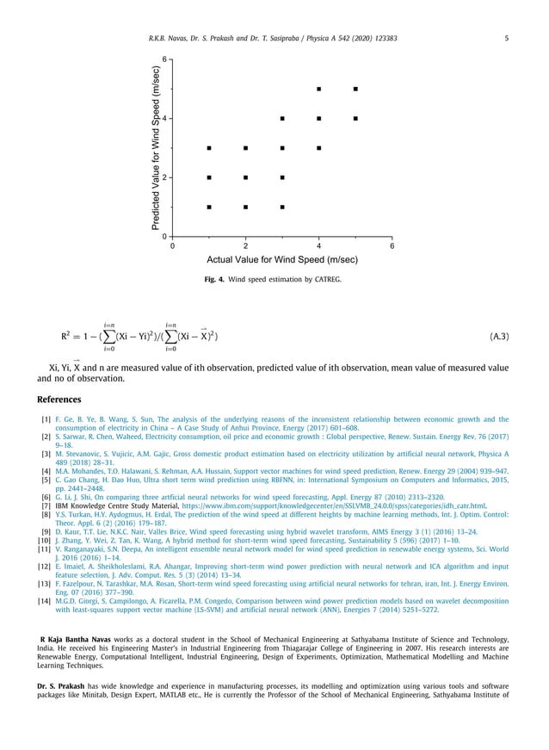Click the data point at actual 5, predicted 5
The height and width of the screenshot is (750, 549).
(x=355, y=89)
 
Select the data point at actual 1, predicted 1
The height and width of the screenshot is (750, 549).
(x=209, y=207)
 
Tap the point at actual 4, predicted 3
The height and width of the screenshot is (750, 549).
(x=319, y=148)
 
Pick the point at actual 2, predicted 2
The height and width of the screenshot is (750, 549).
(x=246, y=177)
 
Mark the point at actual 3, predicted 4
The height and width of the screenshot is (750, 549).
(x=282, y=118)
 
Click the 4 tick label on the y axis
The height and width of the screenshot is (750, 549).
(x=164, y=118)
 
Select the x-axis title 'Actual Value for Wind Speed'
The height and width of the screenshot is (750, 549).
(x=282, y=259)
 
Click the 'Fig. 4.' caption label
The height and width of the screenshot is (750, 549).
(x=216, y=280)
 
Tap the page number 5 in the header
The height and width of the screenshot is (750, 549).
(x=506, y=38)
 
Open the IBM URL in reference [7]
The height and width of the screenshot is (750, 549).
(x=335, y=481)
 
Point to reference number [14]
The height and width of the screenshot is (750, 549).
(x=44, y=600)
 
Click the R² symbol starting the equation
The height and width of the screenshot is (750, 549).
(x=65, y=336)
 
